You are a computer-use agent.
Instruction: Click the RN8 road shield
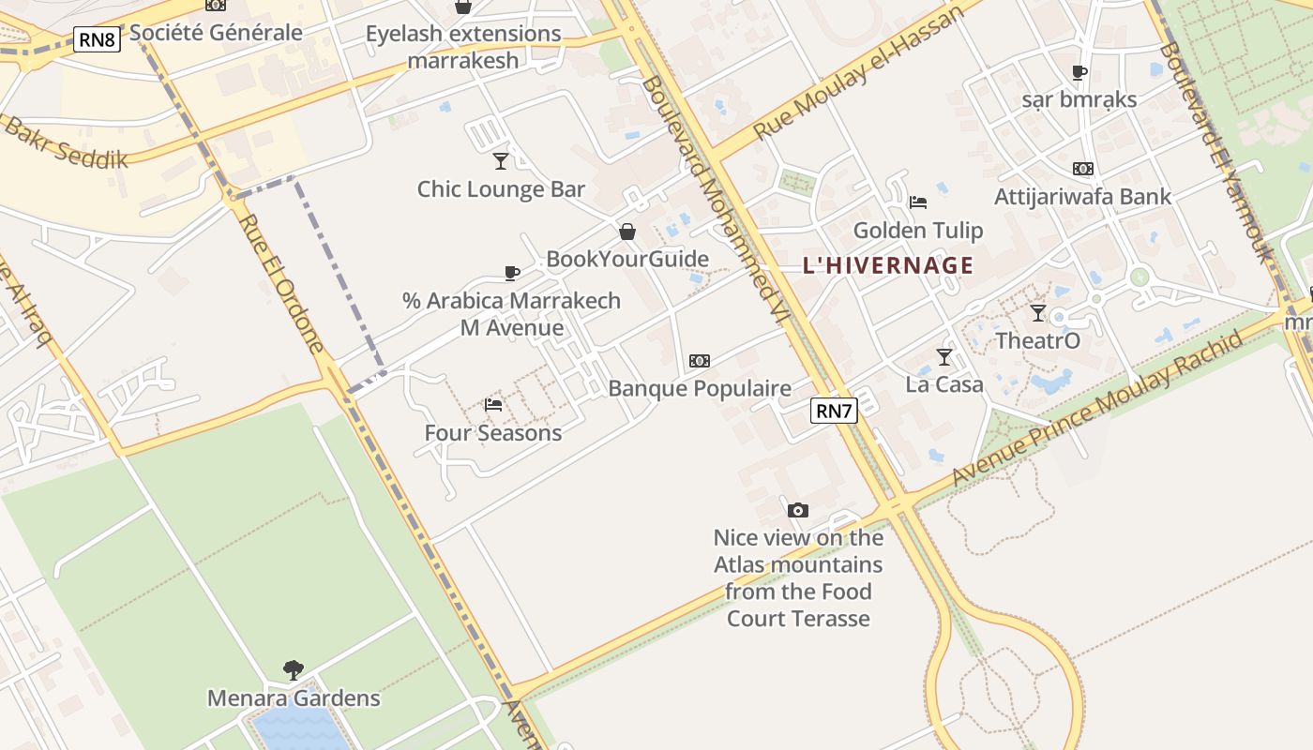click(98, 39)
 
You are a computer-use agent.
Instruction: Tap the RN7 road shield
click(834, 411)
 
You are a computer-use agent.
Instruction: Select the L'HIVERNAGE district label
click(888, 265)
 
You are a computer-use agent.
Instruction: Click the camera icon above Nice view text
click(798, 510)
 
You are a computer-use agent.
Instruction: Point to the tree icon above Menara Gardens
click(294, 669)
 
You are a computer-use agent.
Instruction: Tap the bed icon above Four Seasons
click(493, 405)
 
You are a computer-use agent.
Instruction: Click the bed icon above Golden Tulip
click(918, 202)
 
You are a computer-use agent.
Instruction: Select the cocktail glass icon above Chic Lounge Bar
click(501, 161)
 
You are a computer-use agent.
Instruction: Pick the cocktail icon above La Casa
click(944, 357)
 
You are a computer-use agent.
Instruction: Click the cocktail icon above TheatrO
click(1037, 313)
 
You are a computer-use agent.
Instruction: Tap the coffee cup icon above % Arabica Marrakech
click(511, 273)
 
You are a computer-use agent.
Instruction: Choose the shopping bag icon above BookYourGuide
click(627, 232)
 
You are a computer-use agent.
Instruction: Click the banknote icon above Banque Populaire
click(700, 361)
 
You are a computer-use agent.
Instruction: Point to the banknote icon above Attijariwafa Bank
click(1083, 169)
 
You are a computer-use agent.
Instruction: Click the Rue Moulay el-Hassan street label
click(858, 72)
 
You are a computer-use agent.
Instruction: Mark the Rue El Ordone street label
click(282, 282)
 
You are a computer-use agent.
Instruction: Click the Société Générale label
click(216, 33)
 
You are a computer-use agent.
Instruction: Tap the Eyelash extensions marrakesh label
click(463, 48)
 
